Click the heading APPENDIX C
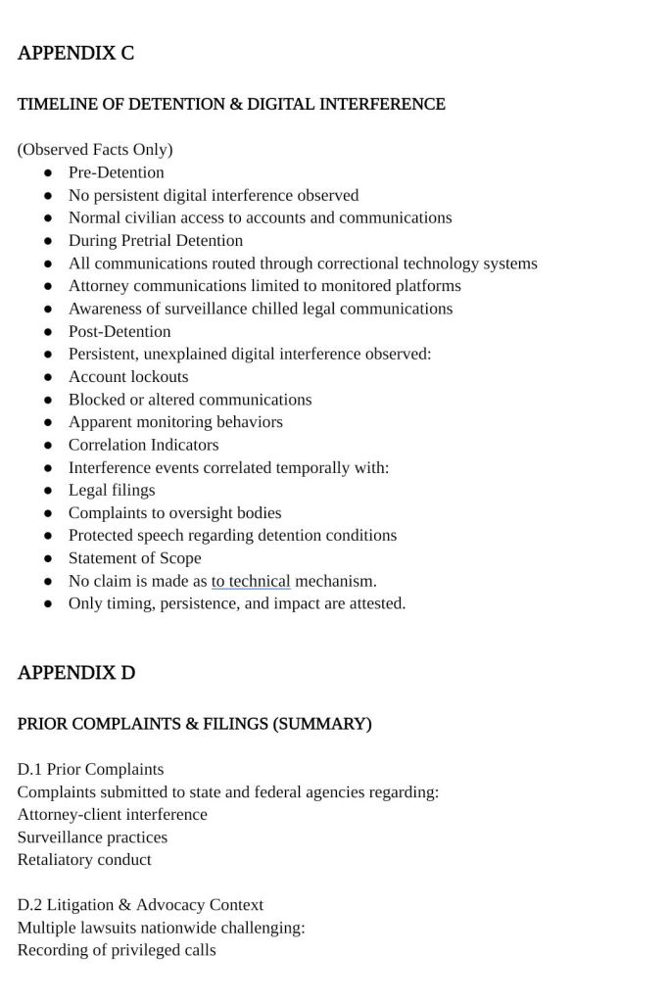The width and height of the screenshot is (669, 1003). pyautogui.click(x=75, y=54)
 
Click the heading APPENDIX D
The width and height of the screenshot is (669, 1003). pyautogui.click(x=76, y=673)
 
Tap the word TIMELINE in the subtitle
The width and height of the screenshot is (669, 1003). pyautogui.click(x=58, y=104)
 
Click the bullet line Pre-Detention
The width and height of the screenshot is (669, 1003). pyautogui.click(x=116, y=172)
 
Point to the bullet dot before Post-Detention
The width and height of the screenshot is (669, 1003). pyautogui.click(x=48, y=332)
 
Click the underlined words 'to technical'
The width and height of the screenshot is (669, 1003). pyautogui.click(x=251, y=581)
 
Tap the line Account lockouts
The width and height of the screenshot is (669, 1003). pyautogui.click(x=128, y=376)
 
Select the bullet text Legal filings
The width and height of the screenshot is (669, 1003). pyautogui.click(x=112, y=490)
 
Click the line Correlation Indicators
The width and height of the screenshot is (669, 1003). pyautogui.click(x=143, y=445)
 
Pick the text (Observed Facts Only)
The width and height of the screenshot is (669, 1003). pyautogui.click(x=95, y=150)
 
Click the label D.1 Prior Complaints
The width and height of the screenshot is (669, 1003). pyautogui.click(x=90, y=769)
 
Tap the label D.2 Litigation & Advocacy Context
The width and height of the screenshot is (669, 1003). pyautogui.click(x=140, y=905)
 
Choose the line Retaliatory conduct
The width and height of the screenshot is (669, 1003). pyautogui.click(x=84, y=860)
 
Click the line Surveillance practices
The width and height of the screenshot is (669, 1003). pyautogui.click(x=92, y=837)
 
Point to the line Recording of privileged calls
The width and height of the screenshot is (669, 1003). pyautogui.click(x=117, y=950)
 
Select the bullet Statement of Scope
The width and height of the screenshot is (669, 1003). pyautogui.click(x=134, y=558)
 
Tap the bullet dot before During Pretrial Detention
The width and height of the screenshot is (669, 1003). pyautogui.click(x=48, y=241)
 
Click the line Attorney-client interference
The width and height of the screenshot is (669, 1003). pyautogui.click(x=112, y=815)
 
